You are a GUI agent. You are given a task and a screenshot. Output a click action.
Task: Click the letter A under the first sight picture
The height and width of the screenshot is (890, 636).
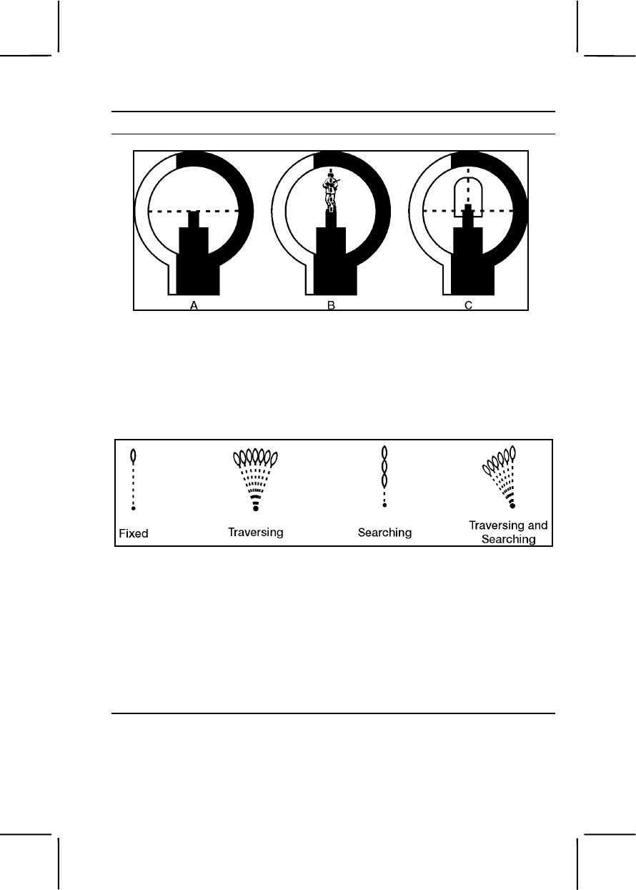(x=193, y=305)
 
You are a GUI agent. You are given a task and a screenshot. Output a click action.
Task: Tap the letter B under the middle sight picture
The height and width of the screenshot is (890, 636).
(x=331, y=305)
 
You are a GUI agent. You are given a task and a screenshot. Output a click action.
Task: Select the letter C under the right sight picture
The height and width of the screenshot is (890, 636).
(x=469, y=305)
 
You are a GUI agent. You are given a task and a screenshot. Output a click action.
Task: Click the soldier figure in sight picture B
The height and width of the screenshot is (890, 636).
(x=330, y=189)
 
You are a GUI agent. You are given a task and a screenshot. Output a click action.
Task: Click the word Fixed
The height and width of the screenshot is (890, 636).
(x=134, y=533)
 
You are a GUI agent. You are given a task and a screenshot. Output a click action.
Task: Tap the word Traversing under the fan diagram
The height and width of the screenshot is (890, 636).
(x=255, y=532)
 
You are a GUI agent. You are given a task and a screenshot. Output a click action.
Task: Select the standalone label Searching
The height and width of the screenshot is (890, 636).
(x=384, y=532)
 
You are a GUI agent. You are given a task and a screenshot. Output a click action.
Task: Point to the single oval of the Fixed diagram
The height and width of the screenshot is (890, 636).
(x=134, y=455)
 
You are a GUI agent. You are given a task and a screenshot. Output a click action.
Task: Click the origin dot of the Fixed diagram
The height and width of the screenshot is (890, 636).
(x=134, y=508)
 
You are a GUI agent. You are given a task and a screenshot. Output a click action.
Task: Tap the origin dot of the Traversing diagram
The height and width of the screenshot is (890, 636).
(x=255, y=509)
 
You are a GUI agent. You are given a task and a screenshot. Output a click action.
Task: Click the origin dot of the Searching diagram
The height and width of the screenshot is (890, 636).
(x=384, y=505)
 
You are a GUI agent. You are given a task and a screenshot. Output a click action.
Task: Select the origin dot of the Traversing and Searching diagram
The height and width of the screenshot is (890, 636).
(x=512, y=506)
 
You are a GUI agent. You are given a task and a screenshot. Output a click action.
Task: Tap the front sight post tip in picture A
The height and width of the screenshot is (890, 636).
(x=193, y=214)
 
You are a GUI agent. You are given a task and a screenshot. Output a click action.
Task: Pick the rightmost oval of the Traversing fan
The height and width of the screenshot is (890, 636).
(x=275, y=458)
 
